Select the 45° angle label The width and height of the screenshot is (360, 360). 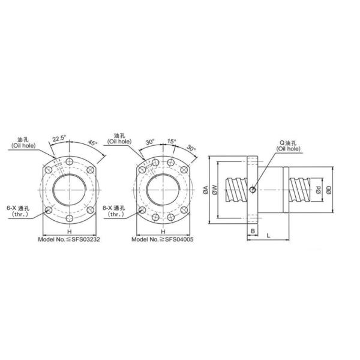pyautogui.click(x=92, y=144)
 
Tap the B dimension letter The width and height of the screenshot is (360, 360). pyautogui.click(x=253, y=230)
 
